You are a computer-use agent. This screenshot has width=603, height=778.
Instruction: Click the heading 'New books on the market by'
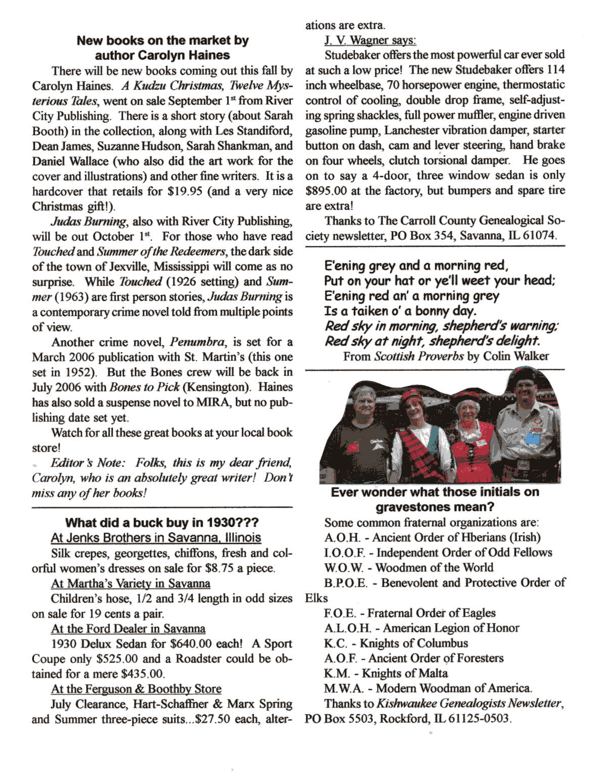(x=162, y=40)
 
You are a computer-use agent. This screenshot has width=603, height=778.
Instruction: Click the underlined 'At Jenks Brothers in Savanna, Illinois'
(x=156, y=538)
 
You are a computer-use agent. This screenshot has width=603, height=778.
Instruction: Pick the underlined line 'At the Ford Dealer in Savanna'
(x=128, y=629)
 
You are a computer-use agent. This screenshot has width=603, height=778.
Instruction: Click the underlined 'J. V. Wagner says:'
(x=370, y=40)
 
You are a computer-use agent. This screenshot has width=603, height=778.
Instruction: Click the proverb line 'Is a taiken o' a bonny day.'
(x=400, y=311)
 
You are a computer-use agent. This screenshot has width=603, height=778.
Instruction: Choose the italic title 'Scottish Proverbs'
(x=419, y=356)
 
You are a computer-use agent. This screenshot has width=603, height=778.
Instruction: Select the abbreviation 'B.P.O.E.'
(x=346, y=583)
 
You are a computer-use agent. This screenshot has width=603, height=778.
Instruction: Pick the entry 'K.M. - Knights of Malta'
(x=386, y=673)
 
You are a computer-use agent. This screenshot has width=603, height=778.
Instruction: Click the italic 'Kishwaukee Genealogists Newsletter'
(x=468, y=704)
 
